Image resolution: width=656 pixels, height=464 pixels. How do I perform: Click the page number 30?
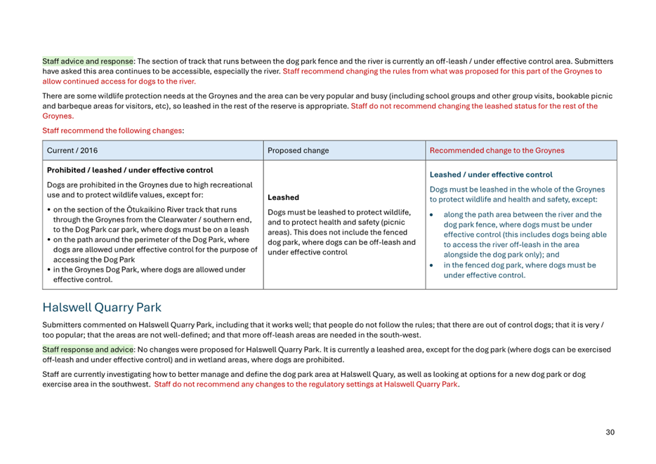[610, 432]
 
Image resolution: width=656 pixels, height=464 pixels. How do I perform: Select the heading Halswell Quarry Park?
[102, 307]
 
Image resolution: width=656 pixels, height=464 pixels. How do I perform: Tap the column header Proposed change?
[298, 150]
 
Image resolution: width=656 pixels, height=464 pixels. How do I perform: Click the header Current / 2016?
[72, 150]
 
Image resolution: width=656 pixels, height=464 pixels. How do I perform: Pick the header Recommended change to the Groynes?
[497, 150]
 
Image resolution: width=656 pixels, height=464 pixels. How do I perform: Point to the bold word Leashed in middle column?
[283, 198]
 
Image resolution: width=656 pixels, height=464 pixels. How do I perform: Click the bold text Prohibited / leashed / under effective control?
[129, 170]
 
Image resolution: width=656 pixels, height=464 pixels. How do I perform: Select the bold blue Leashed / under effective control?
[491, 175]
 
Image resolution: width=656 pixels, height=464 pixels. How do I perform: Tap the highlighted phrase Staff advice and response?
[88, 61]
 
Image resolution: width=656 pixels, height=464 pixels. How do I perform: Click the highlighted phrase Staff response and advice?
[88, 350]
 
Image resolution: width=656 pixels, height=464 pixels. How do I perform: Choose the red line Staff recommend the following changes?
[112, 131]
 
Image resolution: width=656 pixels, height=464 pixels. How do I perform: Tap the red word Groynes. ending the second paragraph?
[58, 116]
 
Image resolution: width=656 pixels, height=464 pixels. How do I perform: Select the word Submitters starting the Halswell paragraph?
[62, 325]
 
